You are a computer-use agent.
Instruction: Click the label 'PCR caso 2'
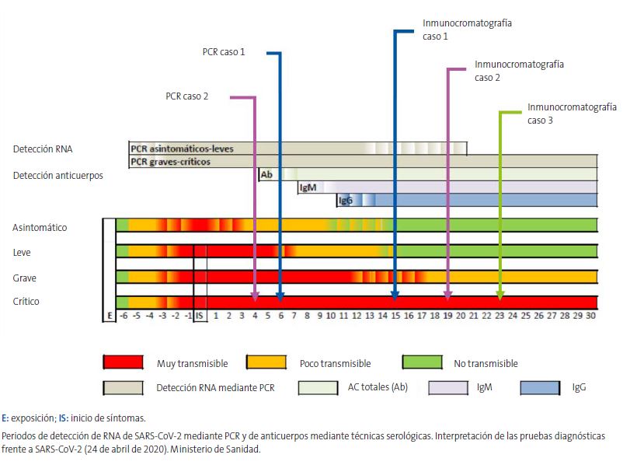[x=186, y=97]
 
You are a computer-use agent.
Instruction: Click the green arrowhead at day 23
[x=499, y=295]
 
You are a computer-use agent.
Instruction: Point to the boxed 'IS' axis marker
[x=200, y=316]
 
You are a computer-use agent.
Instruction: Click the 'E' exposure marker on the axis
[x=110, y=316]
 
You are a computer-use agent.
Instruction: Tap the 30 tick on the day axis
[x=590, y=316]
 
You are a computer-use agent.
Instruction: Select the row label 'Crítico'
[x=26, y=302]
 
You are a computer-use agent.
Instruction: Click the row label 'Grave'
[x=24, y=278]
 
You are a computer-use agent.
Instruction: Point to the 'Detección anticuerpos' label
[x=57, y=176]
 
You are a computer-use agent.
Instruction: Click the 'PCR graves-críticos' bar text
[x=171, y=162]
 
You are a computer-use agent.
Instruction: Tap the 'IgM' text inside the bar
[x=306, y=187]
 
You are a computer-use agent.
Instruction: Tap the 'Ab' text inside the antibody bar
[x=266, y=175]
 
